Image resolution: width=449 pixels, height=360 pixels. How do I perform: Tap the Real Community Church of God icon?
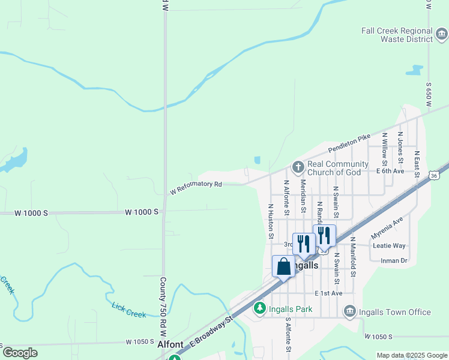coord(297,166)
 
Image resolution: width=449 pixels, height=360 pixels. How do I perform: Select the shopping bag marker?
coord(283,266)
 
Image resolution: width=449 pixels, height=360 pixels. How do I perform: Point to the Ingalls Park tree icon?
coord(259,308)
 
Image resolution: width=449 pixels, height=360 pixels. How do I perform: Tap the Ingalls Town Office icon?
coord(349,311)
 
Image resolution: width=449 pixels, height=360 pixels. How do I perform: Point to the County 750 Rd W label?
coord(163,306)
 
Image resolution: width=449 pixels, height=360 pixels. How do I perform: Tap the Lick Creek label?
coord(128,310)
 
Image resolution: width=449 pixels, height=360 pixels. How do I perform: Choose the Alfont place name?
coord(170,345)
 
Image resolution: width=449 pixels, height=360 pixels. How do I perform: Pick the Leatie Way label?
coord(389,246)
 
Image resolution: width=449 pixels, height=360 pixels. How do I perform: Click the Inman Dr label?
coord(394,260)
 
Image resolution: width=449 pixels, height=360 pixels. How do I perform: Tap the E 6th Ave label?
coord(391,171)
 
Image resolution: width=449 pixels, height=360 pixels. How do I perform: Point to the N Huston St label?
coord(271,221)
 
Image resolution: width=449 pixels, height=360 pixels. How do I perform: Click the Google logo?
coord(20,353)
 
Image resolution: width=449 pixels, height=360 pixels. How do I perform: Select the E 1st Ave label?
coord(328,293)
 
